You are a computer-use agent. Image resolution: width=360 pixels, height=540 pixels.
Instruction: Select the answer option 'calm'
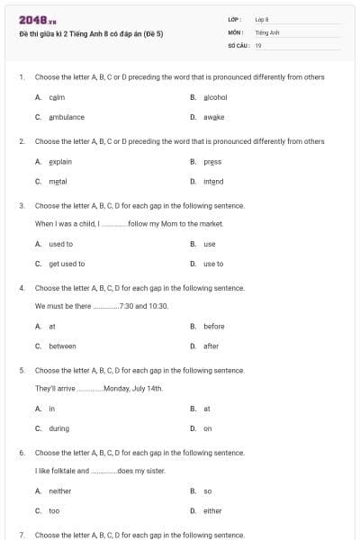click(57, 97)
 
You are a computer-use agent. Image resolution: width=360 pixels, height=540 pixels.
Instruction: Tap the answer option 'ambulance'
click(67, 117)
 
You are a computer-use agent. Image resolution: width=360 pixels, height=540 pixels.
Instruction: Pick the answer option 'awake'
click(213, 117)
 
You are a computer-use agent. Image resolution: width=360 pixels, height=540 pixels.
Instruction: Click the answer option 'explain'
click(60, 161)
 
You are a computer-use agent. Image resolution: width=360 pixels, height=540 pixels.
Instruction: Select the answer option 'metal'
click(58, 181)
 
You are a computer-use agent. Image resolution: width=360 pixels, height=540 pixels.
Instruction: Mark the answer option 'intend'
click(213, 181)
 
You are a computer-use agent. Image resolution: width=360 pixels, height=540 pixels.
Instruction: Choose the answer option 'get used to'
click(67, 264)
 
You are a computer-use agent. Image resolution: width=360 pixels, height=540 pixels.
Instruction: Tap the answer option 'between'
click(62, 346)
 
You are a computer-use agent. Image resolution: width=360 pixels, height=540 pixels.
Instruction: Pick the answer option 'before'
click(214, 326)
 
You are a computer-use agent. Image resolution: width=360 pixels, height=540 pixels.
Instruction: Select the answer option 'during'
click(58, 428)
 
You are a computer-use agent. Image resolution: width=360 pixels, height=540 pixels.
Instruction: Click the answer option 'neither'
click(59, 490)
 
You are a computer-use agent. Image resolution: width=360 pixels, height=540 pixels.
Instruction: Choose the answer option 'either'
click(212, 510)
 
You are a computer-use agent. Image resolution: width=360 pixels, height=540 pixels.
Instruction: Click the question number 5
click(21, 370)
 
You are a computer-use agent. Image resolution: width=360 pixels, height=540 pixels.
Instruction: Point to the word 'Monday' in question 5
click(118, 388)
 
